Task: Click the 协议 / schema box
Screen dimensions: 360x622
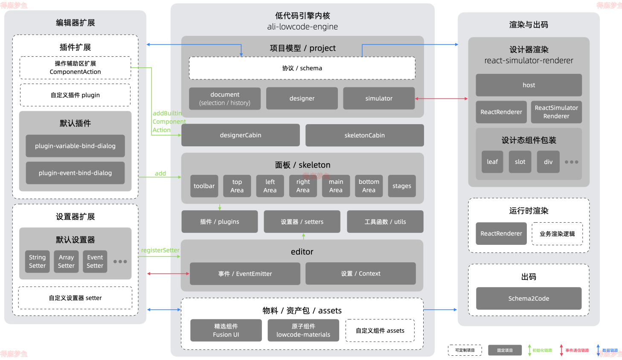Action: click(x=302, y=68)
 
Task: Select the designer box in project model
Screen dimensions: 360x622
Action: click(x=302, y=99)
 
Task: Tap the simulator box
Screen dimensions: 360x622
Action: click(x=379, y=99)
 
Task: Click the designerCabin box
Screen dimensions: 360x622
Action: click(x=241, y=135)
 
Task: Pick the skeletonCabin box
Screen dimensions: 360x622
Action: click(x=365, y=135)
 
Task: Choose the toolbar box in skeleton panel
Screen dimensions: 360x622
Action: click(x=204, y=186)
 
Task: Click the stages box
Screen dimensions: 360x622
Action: click(x=402, y=186)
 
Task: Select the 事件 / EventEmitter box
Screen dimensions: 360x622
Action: click(x=245, y=274)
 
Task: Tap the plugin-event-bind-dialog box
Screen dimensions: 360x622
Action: click(x=75, y=173)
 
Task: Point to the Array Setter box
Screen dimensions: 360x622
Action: click(x=66, y=261)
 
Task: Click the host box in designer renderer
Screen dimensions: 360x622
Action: click(x=529, y=85)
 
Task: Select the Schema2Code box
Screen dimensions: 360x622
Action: click(x=529, y=299)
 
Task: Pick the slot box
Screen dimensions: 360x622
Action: click(x=520, y=162)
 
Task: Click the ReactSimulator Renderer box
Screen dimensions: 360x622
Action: click(x=556, y=112)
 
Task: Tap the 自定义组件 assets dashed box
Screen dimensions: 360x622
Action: click(x=380, y=331)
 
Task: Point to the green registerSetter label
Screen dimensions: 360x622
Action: click(x=160, y=250)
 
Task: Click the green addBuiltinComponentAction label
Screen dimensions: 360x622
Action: click(x=169, y=122)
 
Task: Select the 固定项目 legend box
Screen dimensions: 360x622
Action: click(x=505, y=350)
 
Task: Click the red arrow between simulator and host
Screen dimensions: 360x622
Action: click(x=442, y=99)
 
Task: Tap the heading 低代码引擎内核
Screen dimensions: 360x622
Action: click(x=302, y=16)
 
